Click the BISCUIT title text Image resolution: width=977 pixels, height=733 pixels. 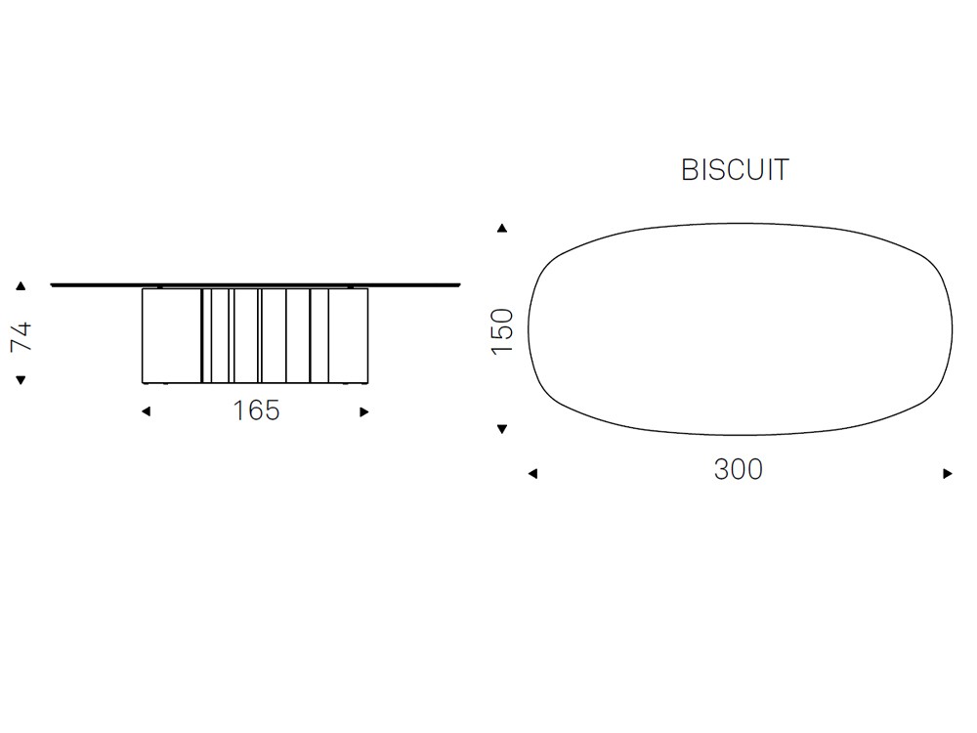click(x=736, y=169)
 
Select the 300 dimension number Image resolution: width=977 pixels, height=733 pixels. click(x=739, y=469)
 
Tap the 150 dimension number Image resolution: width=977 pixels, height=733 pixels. click(x=502, y=331)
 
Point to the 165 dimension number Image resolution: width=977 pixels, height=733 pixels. click(x=256, y=410)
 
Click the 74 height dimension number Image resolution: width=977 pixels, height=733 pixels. click(x=21, y=336)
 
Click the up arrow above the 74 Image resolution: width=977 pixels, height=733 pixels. click(x=21, y=286)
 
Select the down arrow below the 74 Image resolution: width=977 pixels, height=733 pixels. click(x=21, y=380)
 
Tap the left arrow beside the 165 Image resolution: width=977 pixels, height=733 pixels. click(x=147, y=411)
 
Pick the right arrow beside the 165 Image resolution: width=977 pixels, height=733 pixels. click(x=364, y=412)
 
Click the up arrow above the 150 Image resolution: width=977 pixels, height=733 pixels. click(x=502, y=228)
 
